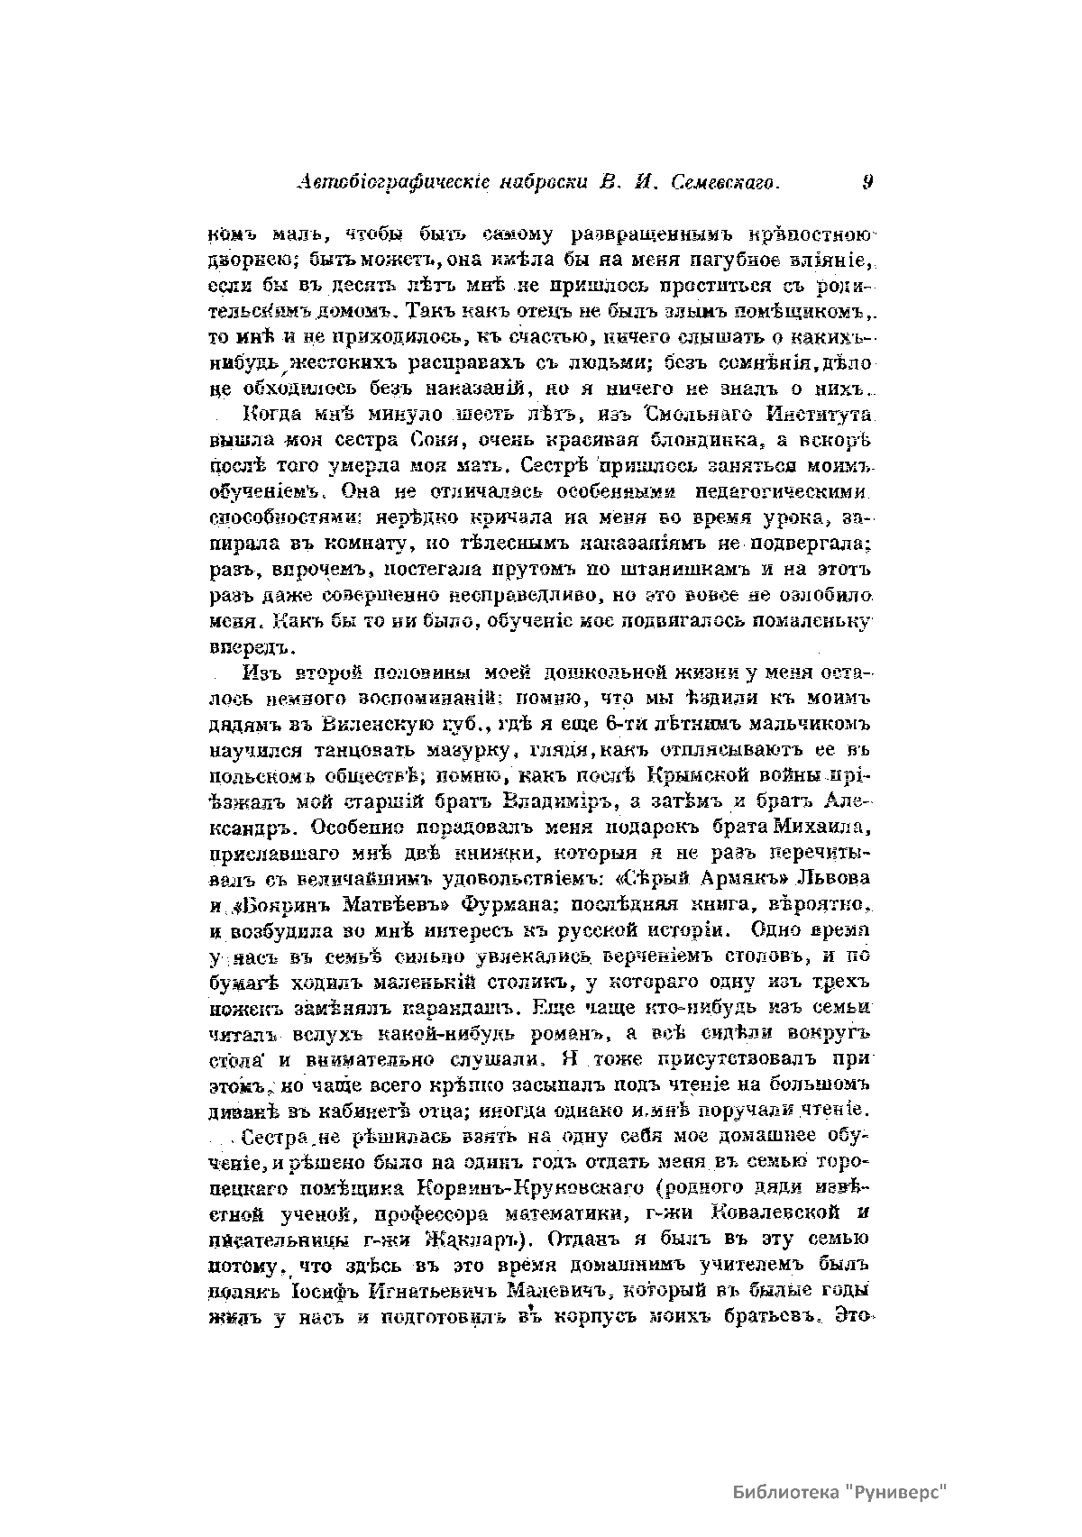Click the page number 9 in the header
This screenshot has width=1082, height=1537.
point(867,182)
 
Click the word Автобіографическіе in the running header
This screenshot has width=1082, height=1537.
point(381,183)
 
